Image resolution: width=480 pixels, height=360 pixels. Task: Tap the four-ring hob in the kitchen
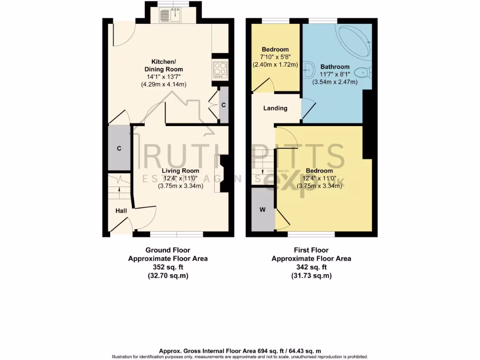click(219, 70)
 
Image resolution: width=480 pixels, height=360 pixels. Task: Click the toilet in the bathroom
click(363, 72)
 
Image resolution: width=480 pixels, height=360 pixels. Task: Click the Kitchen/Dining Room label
click(163, 66)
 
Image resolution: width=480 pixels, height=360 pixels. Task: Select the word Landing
click(275, 108)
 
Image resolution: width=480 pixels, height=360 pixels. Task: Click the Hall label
click(121, 211)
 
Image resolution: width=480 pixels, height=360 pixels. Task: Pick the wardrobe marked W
click(262, 210)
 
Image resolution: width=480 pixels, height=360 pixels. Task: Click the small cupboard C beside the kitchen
click(224, 105)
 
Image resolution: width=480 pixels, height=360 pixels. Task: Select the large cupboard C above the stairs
click(119, 148)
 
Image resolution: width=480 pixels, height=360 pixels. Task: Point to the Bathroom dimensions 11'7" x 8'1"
click(335, 74)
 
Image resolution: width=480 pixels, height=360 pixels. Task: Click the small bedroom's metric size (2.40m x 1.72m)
click(275, 64)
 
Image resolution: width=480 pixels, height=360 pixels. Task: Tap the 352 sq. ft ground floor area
click(167, 267)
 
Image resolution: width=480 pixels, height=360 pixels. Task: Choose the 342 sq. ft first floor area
click(311, 267)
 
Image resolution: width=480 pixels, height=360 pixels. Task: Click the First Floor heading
click(311, 250)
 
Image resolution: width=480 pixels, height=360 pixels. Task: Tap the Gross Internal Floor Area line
click(240, 351)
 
